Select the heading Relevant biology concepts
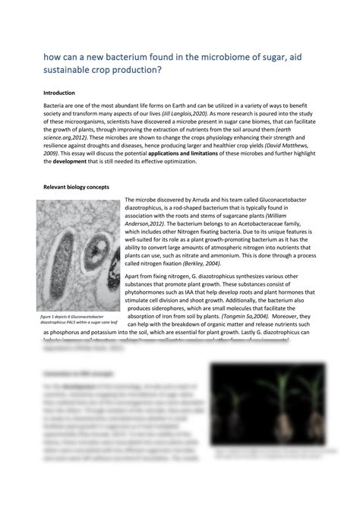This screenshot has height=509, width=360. pyautogui.click(x=76, y=186)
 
